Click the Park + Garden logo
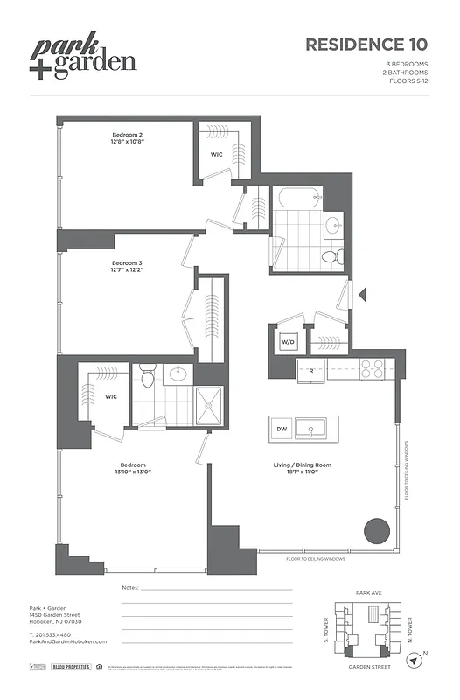(x=85, y=58)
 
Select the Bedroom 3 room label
(x=127, y=266)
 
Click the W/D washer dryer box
(x=287, y=342)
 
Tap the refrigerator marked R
(x=311, y=370)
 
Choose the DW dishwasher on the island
(x=282, y=429)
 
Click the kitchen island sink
(x=310, y=429)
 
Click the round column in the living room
(x=376, y=531)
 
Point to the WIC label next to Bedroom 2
(x=216, y=154)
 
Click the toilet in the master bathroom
(x=147, y=378)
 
